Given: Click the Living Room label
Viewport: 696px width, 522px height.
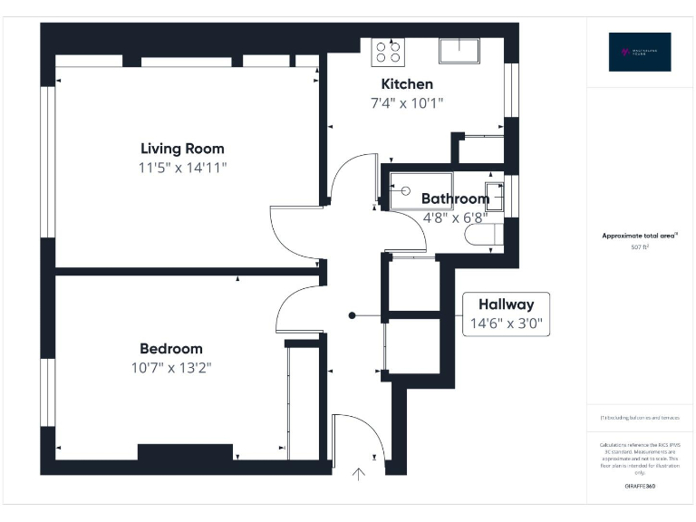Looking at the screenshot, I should click(182, 149).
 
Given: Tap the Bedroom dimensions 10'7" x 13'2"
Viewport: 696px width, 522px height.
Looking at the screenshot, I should click(170, 367).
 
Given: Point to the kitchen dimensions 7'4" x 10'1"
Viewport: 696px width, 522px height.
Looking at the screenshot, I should click(406, 103).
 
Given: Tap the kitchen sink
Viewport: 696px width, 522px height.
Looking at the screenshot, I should click(459, 50).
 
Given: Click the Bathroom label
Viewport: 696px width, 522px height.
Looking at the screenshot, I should click(455, 198).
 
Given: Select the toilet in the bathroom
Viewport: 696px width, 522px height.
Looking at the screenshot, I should click(480, 236).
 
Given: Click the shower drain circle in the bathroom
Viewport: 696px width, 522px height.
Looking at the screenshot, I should click(404, 191).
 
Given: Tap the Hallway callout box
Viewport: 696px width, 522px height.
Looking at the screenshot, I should click(506, 314).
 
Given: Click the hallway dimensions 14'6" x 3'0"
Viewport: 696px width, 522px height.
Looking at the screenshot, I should click(506, 324).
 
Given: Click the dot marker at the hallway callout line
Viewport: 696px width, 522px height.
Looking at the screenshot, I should click(353, 315).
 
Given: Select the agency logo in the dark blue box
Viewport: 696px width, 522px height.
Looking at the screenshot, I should click(640, 52).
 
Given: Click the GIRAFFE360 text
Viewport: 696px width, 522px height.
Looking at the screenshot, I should click(640, 487).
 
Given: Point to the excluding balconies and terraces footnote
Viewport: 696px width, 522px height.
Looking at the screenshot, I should click(640, 418).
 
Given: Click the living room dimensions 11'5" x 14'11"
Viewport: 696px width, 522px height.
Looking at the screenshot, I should click(182, 168).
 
